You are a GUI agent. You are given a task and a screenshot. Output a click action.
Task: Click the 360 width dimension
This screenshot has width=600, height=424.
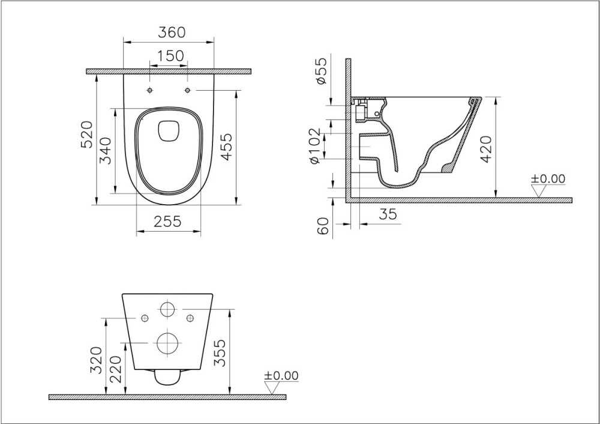[x=172, y=32]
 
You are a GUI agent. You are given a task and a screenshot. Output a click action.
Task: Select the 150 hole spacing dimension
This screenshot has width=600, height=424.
[x=170, y=56]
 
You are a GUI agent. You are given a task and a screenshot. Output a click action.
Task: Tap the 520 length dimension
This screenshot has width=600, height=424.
[x=87, y=135]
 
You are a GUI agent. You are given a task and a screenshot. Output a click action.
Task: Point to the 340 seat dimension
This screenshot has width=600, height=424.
[x=105, y=151]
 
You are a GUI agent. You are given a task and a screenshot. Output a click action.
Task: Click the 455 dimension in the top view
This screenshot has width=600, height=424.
[x=226, y=147]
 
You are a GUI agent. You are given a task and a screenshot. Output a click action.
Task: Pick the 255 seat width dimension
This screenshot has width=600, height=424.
[x=168, y=222]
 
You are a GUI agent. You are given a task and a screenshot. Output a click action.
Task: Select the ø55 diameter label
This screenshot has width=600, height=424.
[x=322, y=70]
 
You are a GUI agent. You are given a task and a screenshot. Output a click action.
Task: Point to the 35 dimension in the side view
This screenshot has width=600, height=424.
[x=388, y=214]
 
